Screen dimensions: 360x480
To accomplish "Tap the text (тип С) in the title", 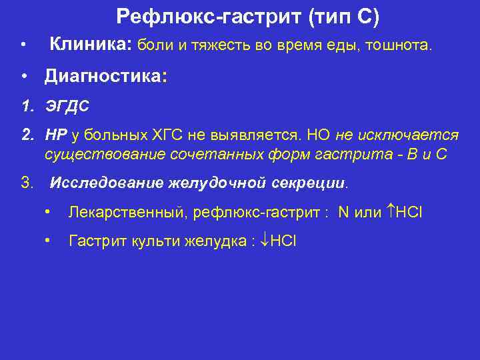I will coord(343,17).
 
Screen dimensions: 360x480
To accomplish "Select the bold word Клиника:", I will coord(91,45).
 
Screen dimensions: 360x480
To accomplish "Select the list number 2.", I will coord(27,135).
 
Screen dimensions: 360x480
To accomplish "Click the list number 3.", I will coord(27,182).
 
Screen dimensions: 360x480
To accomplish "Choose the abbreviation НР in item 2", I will coord(56,135).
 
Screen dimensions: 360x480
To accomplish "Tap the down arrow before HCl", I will coord(264,241).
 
